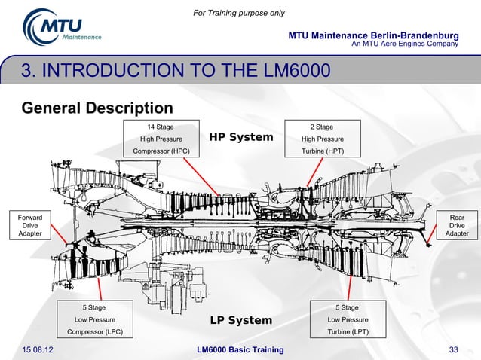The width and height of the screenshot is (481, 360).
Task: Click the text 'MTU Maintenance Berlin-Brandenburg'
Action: click(374, 35)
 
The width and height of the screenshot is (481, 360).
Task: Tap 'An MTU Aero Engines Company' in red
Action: click(406, 44)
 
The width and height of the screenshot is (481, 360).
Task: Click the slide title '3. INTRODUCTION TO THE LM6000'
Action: click(176, 71)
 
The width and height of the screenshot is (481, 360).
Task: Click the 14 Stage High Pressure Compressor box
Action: click(161, 139)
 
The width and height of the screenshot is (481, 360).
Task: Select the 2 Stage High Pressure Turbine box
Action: click(322, 139)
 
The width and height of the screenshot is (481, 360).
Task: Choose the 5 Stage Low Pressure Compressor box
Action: click(93, 319)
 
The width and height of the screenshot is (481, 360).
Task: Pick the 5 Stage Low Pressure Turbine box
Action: click(347, 319)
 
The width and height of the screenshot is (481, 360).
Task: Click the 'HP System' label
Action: click(240, 137)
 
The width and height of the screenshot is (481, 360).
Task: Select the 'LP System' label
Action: click(240, 321)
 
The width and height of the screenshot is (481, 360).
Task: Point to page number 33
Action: click(454, 350)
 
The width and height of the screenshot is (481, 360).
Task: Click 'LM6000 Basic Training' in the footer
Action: click(240, 350)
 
